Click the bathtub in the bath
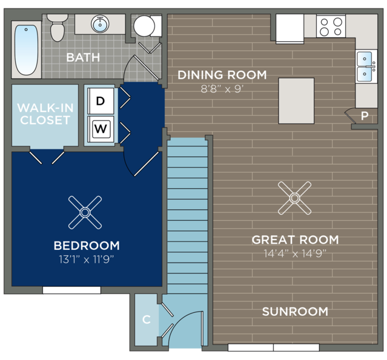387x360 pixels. pyautogui.click(x=27, y=50)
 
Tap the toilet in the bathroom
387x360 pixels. pyautogui.click(x=58, y=28)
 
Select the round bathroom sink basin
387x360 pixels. pyautogui.click(x=100, y=24)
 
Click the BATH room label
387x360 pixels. pyautogui.click(x=83, y=57)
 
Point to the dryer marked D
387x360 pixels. pyautogui.click(x=101, y=101)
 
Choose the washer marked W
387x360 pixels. pyautogui.click(x=101, y=129)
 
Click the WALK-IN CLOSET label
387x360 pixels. pyautogui.click(x=45, y=114)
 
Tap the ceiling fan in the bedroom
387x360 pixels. pyautogui.click(x=85, y=212)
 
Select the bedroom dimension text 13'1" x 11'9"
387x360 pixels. pyautogui.click(x=87, y=260)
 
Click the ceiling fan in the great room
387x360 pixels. pyautogui.click(x=294, y=198)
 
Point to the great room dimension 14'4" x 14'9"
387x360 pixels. pyautogui.click(x=295, y=254)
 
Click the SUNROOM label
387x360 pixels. pyautogui.click(x=295, y=312)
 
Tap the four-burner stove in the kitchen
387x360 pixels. pyautogui.click(x=331, y=26)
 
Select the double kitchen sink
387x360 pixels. pyautogui.click(x=366, y=67)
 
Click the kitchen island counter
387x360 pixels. pyautogui.click(x=296, y=100)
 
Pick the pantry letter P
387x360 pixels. pyautogui.click(x=365, y=116)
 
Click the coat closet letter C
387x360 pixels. pyautogui.click(x=147, y=319)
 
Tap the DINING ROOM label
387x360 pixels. pyautogui.click(x=222, y=75)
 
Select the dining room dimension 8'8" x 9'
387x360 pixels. pyautogui.click(x=222, y=89)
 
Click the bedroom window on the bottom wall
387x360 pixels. pyautogui.click(x=72, y=290)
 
